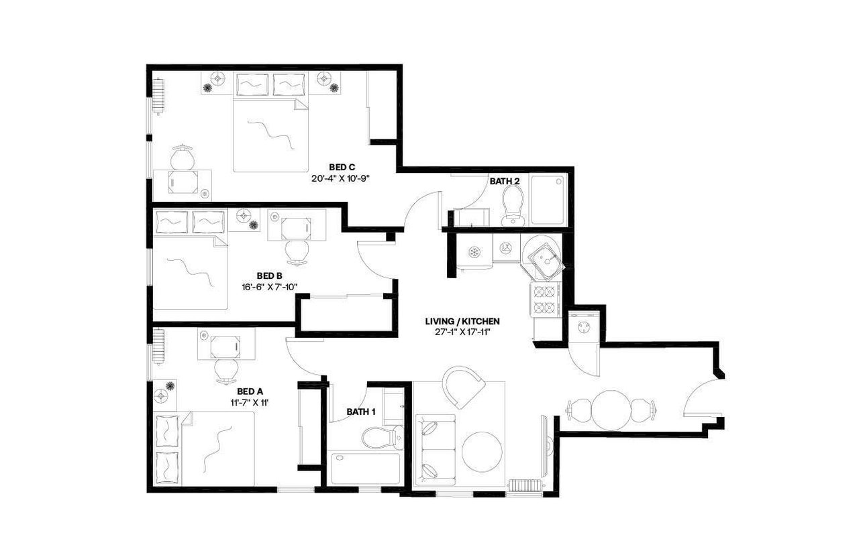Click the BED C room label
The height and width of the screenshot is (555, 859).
point(342,167)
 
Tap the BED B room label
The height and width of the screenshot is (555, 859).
point(268,275)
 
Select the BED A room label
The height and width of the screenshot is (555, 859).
point(250,392)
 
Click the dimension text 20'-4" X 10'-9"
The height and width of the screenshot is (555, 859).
point(341,178)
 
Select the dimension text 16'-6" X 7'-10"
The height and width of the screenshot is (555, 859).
point(268,287)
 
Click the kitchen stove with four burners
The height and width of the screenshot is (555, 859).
point(544,300)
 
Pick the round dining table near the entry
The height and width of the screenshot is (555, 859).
point(611,409)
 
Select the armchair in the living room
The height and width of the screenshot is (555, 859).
point(464,388)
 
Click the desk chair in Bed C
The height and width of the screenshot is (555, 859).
point(183,158)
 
